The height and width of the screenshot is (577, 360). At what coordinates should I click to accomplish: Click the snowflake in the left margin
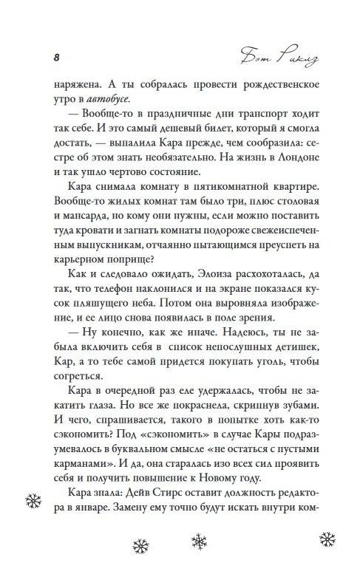tap(31, 501)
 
